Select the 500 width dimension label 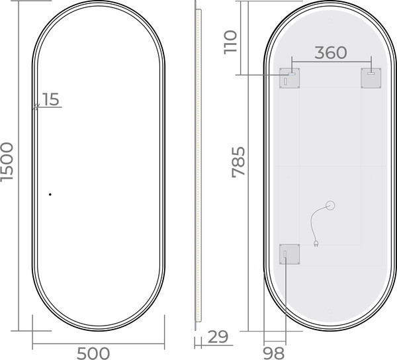pos(93,353)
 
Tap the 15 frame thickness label pos(51,99)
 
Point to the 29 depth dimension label pos(217,337)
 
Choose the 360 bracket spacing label pos(330,53)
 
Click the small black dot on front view pos(50,195)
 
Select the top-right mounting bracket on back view pos(371,77)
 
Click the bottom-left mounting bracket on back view pos(289,253)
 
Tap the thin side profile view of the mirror pos(198,165)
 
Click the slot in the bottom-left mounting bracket pos(285,255)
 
